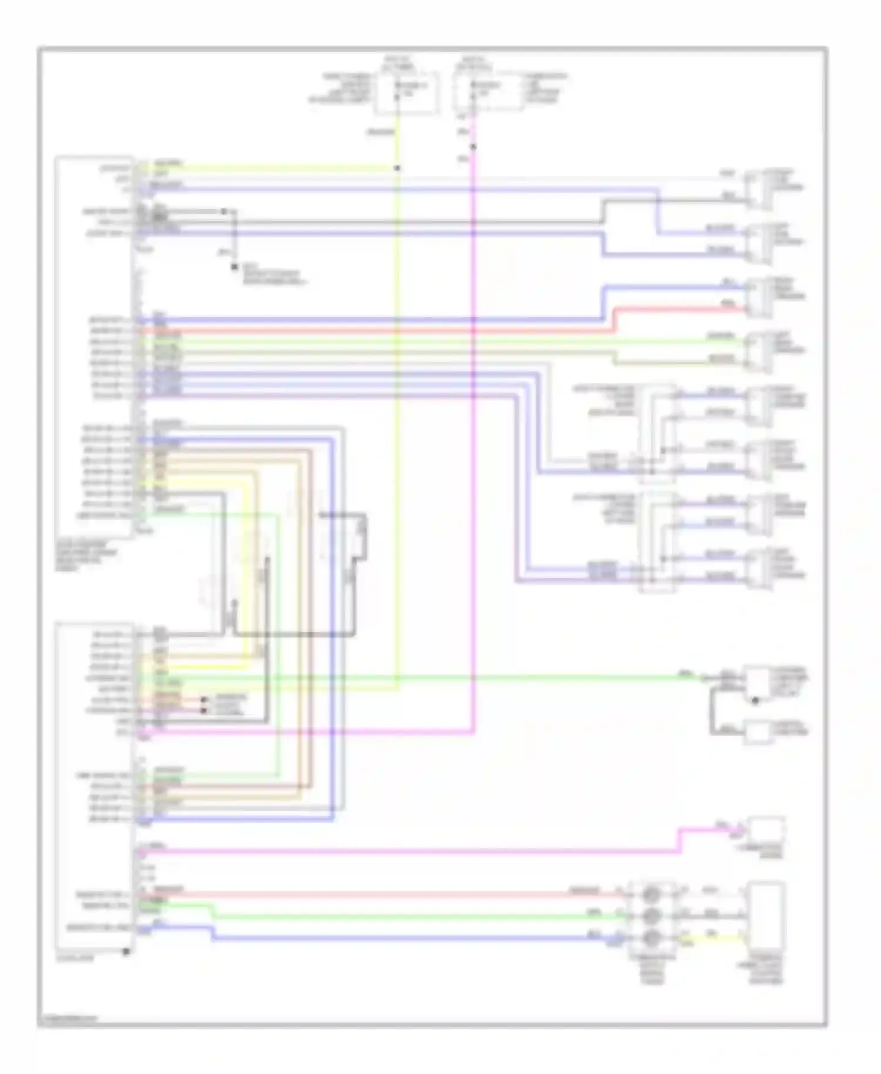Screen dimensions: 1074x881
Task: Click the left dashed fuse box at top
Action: [407, 93]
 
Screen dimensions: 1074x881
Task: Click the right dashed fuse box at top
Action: [487, 92]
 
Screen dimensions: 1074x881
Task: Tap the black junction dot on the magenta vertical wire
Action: [473, 146]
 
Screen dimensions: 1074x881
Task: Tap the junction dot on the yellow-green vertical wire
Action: [398, 168]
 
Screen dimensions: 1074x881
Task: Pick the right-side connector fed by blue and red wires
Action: [758, 297]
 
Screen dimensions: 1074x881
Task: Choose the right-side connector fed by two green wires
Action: [758, 351]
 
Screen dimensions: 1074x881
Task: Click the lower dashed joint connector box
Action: [657, 542]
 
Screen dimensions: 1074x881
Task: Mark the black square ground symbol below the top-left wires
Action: [234, 268]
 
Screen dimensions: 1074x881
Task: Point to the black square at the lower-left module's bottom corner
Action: [126, 951]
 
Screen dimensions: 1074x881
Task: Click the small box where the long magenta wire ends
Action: [765, 829]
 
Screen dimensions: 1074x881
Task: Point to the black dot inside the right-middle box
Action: [756, 700]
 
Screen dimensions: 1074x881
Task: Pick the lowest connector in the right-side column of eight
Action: [758, 568]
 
